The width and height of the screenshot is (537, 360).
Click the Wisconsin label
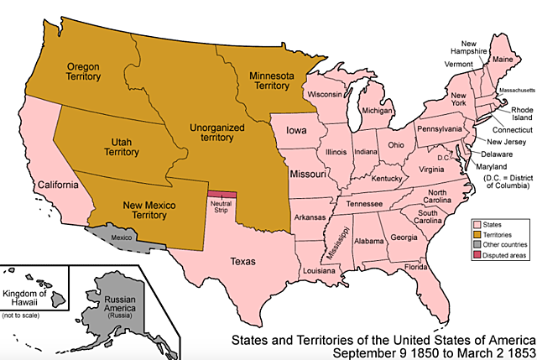(325, 95)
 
